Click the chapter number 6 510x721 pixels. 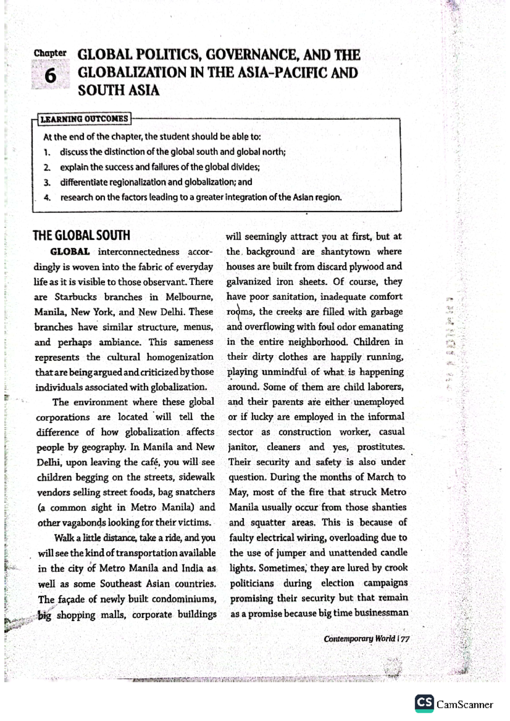[x=50, y=76]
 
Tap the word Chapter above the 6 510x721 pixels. [x=50, y=54]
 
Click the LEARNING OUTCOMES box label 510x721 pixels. [x=84, y=119]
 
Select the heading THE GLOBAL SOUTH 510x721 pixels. [x=82, y=236]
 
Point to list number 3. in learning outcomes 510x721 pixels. [x=47, y=183]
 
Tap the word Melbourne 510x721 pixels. [x=189, y=297]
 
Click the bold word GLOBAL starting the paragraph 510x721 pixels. [x=70, y=252]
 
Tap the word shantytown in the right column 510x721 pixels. [x=345, y=251]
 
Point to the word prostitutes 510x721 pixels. [x=381, y=447]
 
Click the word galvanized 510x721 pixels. [x=248, y=282]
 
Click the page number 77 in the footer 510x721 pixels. [x=405, y=639]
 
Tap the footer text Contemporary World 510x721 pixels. [x=359, y=639]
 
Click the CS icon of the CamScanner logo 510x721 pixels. [x=424, y=703]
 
